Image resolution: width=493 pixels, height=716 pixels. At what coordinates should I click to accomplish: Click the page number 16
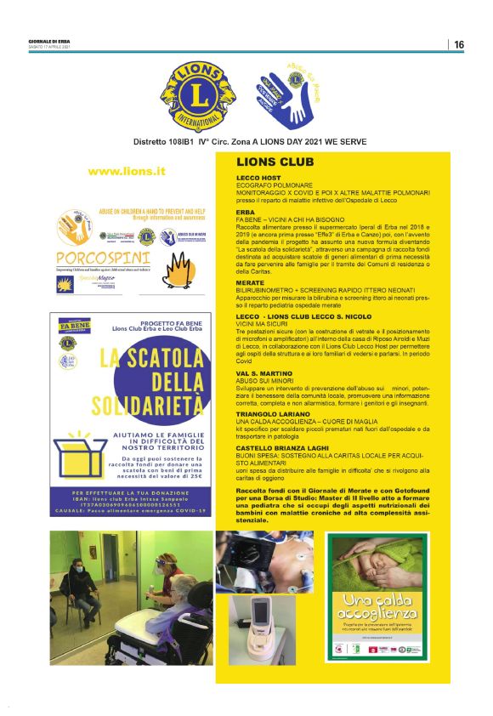(x=459, y=44)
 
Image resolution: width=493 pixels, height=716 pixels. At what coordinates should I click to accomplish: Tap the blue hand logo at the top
(x=288, y=94)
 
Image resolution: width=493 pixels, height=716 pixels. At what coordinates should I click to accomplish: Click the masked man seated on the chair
(x=78, y=587)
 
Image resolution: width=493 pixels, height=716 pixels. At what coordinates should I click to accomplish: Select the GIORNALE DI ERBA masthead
(x=48, y=41)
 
